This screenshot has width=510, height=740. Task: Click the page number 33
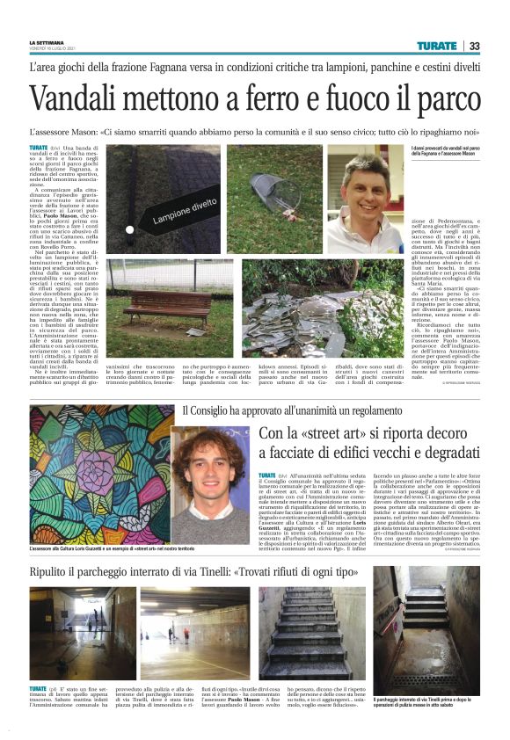pyautogui.click(x=475, y=46)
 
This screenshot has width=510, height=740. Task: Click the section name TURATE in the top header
pyautogui.click(x=437, y=46)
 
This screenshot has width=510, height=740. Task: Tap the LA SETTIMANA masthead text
pyautogui.click(x=47, y=43)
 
